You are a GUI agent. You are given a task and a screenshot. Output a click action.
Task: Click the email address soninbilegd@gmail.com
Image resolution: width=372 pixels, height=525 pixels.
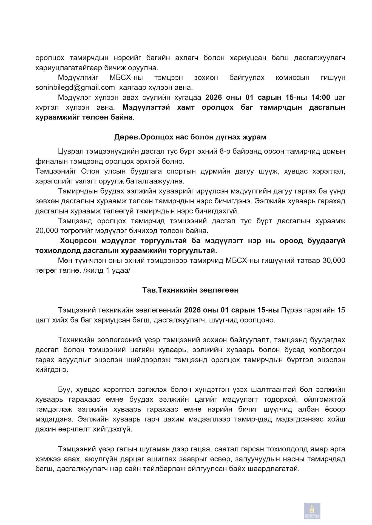pos(75,87)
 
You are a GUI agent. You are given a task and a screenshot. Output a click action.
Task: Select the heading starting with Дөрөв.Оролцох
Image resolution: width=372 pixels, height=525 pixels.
pos(190,137)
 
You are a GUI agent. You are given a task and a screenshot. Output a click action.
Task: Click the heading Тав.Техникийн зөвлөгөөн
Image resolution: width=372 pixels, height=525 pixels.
pos(190,290)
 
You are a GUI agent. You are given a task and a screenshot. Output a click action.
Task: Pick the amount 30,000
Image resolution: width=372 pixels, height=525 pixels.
pos(334,260)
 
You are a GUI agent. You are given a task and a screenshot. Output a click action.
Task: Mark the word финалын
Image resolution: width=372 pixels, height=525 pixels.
pos(49,161)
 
